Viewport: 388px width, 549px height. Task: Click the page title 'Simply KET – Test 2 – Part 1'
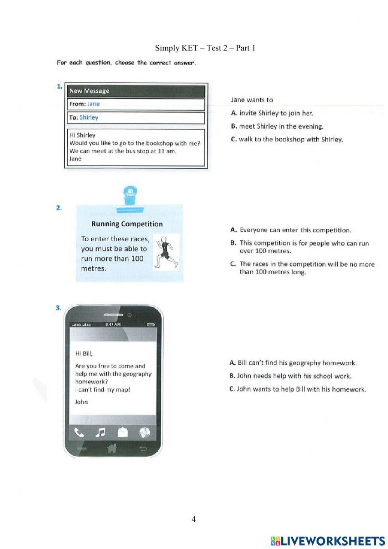tap(205, 48)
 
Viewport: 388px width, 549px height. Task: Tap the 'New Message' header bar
tap(136, 91)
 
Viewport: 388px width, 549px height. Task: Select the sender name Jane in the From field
tap(94, 104)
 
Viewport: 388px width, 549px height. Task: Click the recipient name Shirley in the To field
tap(89, 117)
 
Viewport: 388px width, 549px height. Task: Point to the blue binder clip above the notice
tap(130, 199)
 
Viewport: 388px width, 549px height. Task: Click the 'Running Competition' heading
tap(127, 224)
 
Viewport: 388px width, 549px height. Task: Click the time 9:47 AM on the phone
tap(113, 324)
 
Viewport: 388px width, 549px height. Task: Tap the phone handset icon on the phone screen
tap(79, 432)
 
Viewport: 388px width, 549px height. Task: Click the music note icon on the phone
tap(100, 432)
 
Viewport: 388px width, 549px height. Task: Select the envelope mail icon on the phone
tap(123, 432)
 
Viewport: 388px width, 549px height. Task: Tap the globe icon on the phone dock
tap(144, 432)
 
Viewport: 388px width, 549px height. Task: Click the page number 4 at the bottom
tap(194, 519)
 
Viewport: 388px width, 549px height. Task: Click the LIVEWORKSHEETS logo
tap(328, 541)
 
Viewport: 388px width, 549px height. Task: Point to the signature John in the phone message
tap(81, 402)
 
